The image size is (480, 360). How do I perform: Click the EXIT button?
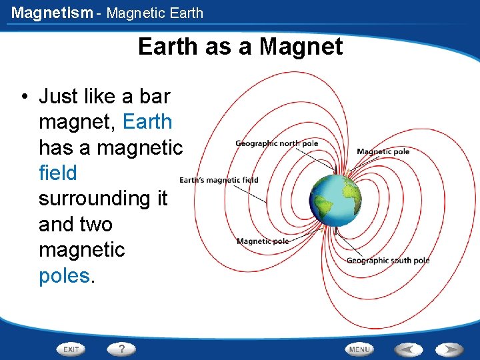pos(71,349)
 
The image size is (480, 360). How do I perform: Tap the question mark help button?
pos(121,349)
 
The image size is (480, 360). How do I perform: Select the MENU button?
pos(359,349)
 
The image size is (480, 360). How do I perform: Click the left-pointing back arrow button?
pos(407,349)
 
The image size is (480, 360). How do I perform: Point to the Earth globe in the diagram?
pos(335,198)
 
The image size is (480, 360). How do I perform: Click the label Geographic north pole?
pos(277,143)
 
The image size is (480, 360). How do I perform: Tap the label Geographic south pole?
pos(387,260)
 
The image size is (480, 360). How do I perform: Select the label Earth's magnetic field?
pos(219,180)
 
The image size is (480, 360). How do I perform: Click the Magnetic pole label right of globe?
pos(383,151)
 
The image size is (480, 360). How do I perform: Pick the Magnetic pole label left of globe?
pos(263,241)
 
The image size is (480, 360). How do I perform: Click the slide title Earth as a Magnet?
pos(240,47)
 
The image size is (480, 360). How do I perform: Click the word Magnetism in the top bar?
pos(52,13)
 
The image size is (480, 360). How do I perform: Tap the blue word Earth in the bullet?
pos(147,122)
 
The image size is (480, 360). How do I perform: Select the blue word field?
pos(58,173)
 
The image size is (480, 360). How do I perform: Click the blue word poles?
pos(63,275)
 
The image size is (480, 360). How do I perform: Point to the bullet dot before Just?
pos(23,97)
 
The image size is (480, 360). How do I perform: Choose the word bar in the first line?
pos(155,97)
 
